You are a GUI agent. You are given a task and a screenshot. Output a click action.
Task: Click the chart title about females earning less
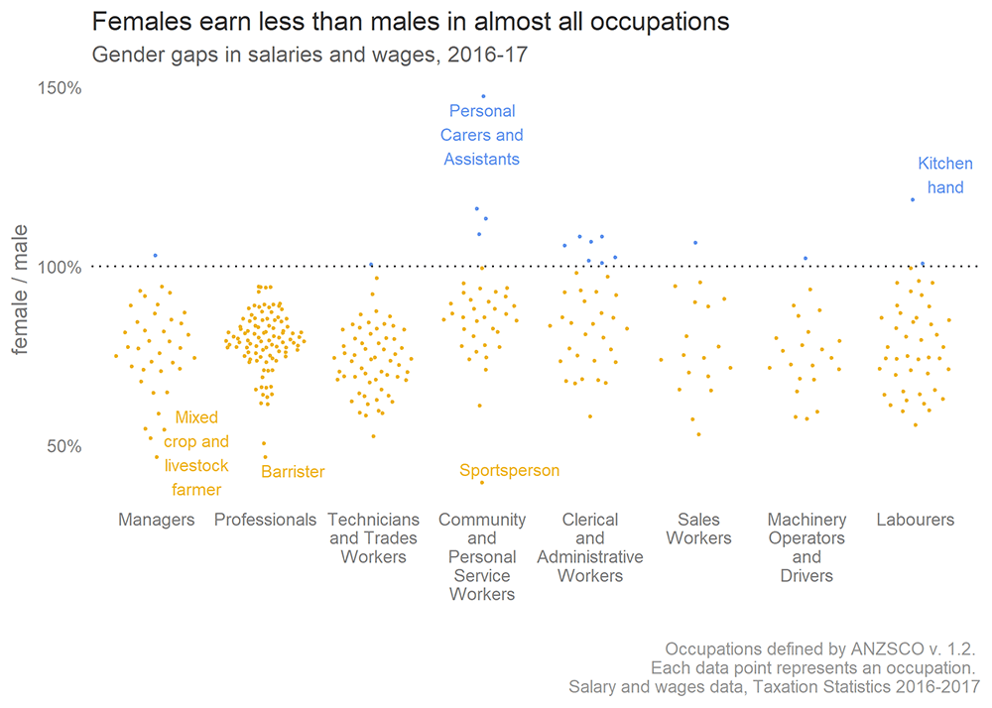point(411,21)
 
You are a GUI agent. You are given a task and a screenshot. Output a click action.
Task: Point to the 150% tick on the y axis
point(61,88)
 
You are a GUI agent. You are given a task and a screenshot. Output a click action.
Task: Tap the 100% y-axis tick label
point(61,267)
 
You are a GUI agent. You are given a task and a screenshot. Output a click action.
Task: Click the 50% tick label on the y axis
point(64,445)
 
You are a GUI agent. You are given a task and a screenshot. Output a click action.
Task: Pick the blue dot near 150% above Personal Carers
point(483,96)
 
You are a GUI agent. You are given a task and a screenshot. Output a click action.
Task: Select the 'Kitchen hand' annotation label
point(944,176)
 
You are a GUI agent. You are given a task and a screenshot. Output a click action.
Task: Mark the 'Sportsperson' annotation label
point(509,470)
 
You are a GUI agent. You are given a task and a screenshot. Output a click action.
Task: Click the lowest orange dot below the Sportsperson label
point(482,482)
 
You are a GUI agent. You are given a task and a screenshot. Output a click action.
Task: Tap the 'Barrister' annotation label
point(293,472)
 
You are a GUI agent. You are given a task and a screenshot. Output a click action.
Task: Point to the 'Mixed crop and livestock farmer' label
point(195,453)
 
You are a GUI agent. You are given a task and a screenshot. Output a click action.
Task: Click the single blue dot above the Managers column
point(155,256)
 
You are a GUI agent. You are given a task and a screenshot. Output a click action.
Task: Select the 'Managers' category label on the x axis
point(156,520)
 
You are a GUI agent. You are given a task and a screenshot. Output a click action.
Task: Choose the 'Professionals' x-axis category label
point(265,520)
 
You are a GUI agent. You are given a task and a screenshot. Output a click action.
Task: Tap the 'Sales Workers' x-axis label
point(698,529)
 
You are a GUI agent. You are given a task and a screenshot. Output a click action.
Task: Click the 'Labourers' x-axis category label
point(915,520)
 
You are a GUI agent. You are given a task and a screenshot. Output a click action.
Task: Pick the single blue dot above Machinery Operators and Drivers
point(806,259)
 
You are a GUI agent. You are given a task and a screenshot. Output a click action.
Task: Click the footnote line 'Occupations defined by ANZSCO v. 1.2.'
point(820,649)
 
